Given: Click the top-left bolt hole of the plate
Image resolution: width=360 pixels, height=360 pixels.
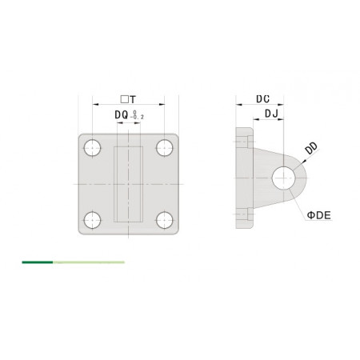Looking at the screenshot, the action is (x=92, y=147).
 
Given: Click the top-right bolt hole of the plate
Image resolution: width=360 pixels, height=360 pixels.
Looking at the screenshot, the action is (x=165, y=147).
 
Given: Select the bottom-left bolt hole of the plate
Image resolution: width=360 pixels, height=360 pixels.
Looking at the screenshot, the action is (x=92, y=220).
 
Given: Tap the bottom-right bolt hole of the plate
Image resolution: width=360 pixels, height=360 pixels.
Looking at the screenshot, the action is (x=165, y=220).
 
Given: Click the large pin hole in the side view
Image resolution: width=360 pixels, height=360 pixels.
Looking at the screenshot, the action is (x=283, y=178).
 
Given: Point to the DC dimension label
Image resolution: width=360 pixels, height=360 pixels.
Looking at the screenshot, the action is (x=263, y=99).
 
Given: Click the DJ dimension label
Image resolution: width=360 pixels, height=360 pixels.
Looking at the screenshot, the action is (x=271, y=114).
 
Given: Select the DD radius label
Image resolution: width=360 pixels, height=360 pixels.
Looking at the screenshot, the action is (x=311, y=148).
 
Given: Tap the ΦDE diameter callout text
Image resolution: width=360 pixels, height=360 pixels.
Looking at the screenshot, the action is (x=319, y=215).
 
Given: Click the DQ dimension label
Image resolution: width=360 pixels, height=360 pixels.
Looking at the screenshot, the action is (x=122, y=115).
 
